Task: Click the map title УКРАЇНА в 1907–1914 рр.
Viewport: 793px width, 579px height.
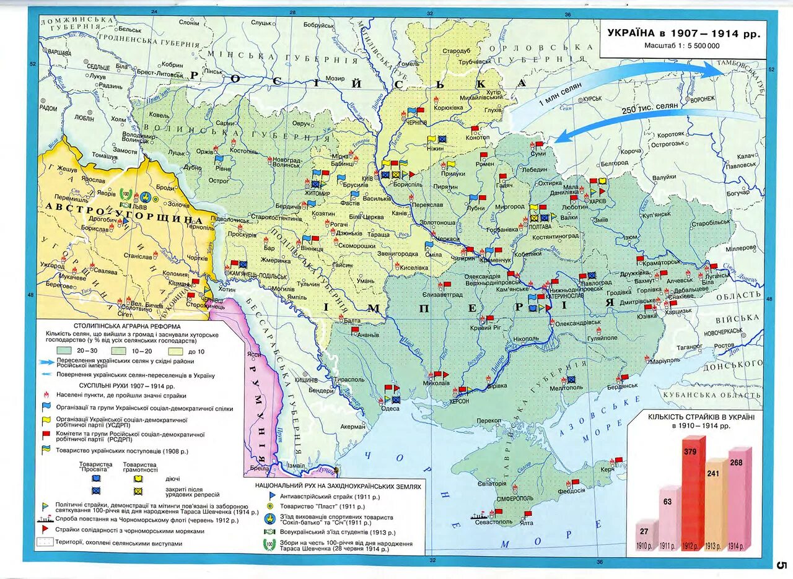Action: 683,33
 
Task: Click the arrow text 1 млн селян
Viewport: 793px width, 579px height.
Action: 559,95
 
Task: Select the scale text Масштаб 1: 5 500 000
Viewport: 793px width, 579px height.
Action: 681,46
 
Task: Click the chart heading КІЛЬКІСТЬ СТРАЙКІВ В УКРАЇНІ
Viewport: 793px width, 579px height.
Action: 701,417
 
